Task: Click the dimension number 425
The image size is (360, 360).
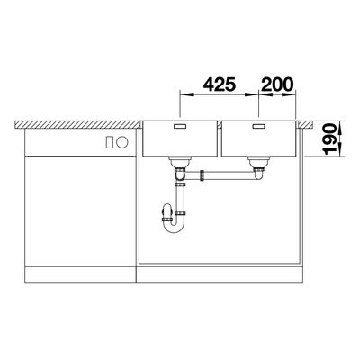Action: pyautogui.click(x=220, y=85)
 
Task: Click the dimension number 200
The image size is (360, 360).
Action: pyautogui.click(x=277, y=85)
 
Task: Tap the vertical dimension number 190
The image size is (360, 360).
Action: pyautogui.click(x=329, y=139)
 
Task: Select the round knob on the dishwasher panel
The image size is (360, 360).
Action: pyautogui.click(x=122, y=142)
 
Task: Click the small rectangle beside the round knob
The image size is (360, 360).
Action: pyautogui.click(x=110, y=142)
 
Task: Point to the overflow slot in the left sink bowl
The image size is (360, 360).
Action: pyautogui.click(x=181, y=126)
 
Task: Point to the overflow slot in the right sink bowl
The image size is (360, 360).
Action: pyautogui.click(x=259, y=126)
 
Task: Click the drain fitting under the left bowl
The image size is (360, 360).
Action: pyautogui.click(x=180, y=162)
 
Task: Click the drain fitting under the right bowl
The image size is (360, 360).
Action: pyautogui.click(x=258, y=162)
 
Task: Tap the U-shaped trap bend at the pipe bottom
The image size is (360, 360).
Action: pyautogui.click(x=174, y=229)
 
